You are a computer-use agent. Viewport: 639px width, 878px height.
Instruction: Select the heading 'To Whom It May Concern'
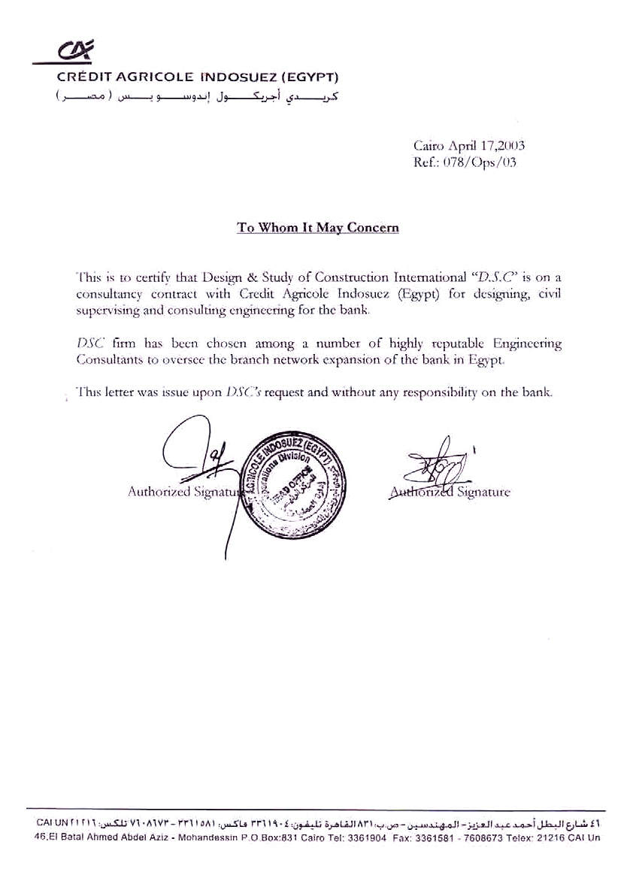click(318, 227)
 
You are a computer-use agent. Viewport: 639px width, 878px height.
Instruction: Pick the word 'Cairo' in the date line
click(429, 146)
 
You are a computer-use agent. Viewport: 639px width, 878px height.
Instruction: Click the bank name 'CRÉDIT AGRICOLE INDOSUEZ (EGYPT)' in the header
click(198, 77)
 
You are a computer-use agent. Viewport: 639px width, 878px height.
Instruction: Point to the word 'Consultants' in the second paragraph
click(107, 359)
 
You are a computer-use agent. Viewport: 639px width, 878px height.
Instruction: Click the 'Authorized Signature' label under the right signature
click(450, 492)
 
